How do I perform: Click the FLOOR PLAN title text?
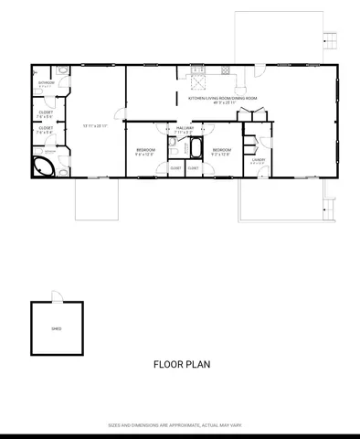[182, 363]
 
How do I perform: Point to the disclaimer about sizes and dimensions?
[179, 425]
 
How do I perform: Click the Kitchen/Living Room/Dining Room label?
[223, 97]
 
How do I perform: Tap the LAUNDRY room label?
[259, 159]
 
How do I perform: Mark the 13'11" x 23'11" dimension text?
[96, 125]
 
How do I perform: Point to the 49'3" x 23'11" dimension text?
[223, 102]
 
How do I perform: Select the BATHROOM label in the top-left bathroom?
[47, 82]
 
